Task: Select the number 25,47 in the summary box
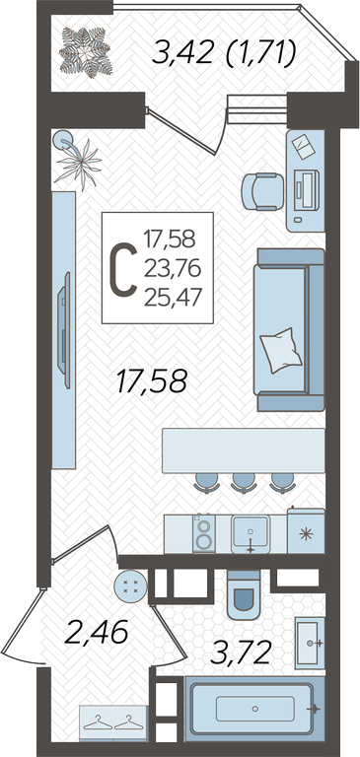pyautogui.click(x=172, y=297)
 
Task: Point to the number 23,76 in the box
pyautogui.click(x=172, y=268)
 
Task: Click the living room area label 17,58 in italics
pyautogui.click(x=151, y=381)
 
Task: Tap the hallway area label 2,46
pyautogui.click(x=96, y=632)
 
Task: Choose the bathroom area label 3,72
pyautogui.click(x=240, y=654)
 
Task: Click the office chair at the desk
pyautogui.click(x=263, y=191)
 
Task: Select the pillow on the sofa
pyautogui.click(x=281, y=350)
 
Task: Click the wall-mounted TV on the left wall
pyautogui.click(x=64, y=329)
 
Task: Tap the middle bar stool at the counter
pyautogui.click(x=243, y=482)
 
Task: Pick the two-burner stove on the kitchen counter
pyautogui.click(x=204, y=533)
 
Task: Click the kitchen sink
pyautogui.click(x=251, y=534)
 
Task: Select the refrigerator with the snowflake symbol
pyautogui.click(x=306, y=531)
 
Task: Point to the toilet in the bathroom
pyautogui.click(x=244, y=594)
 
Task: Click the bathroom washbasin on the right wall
pyautogui.click(x=310, y=643)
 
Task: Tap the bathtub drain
pyautogui.click(x=255, y=709)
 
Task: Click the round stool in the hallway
pyautogui.click(x=129, y=586)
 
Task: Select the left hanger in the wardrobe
pyautogui.click(x=98, y=723)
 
